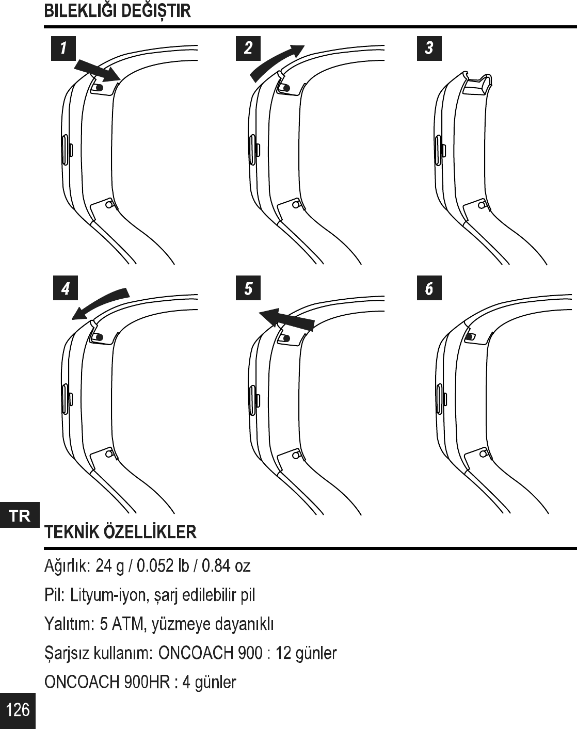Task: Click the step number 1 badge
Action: click(63, 48)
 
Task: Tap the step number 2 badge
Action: click(248, 48)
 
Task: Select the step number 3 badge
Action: click(429, 48)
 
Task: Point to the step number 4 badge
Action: click(65, 288)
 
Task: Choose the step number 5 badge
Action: click(248, 288)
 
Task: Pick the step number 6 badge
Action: click(429, 288)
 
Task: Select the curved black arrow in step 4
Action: click(100, 303)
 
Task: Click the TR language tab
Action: click(20, 515)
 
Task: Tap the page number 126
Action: click(18, 710)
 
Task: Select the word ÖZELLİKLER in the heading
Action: click(150, 532)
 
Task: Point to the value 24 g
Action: click(110, 566)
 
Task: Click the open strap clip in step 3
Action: click(477, 85)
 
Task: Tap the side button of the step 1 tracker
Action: click(65, 150)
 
